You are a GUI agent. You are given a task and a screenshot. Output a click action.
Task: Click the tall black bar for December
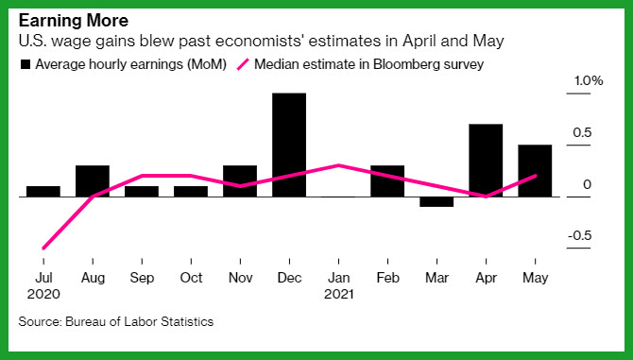tap(289, 145)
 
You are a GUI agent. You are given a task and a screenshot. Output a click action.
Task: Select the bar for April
tap(486, 161)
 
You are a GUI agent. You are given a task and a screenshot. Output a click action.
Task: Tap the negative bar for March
tap(436, 202)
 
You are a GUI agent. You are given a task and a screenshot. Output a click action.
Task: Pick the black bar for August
tap(93, 180)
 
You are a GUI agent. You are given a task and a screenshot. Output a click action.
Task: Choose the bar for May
tap(535, 171)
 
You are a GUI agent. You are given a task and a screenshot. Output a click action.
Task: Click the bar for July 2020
tap(43, 191)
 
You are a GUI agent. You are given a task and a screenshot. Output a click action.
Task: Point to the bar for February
tap(387, 180)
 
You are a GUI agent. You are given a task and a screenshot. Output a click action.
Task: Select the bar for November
tap(240, 180)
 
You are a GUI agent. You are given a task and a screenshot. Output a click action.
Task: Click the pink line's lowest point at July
tap(43, 249)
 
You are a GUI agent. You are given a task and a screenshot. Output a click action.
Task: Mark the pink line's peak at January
tap(338, 165)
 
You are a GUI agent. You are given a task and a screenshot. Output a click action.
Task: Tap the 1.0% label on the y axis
tap(589, 80)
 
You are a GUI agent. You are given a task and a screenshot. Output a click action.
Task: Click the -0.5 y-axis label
tap(580, 235)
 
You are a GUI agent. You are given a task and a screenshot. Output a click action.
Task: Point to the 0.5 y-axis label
tap(582, 132)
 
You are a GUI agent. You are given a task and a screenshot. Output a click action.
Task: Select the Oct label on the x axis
tap(191, 278)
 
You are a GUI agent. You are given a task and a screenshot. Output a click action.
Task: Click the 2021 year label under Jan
tap(339, 294)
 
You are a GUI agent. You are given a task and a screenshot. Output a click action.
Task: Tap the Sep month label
tap(142, 278)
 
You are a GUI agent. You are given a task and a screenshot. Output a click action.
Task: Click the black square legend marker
tap(26, 64)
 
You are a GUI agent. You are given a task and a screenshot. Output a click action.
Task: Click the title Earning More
tap(74, 21)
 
